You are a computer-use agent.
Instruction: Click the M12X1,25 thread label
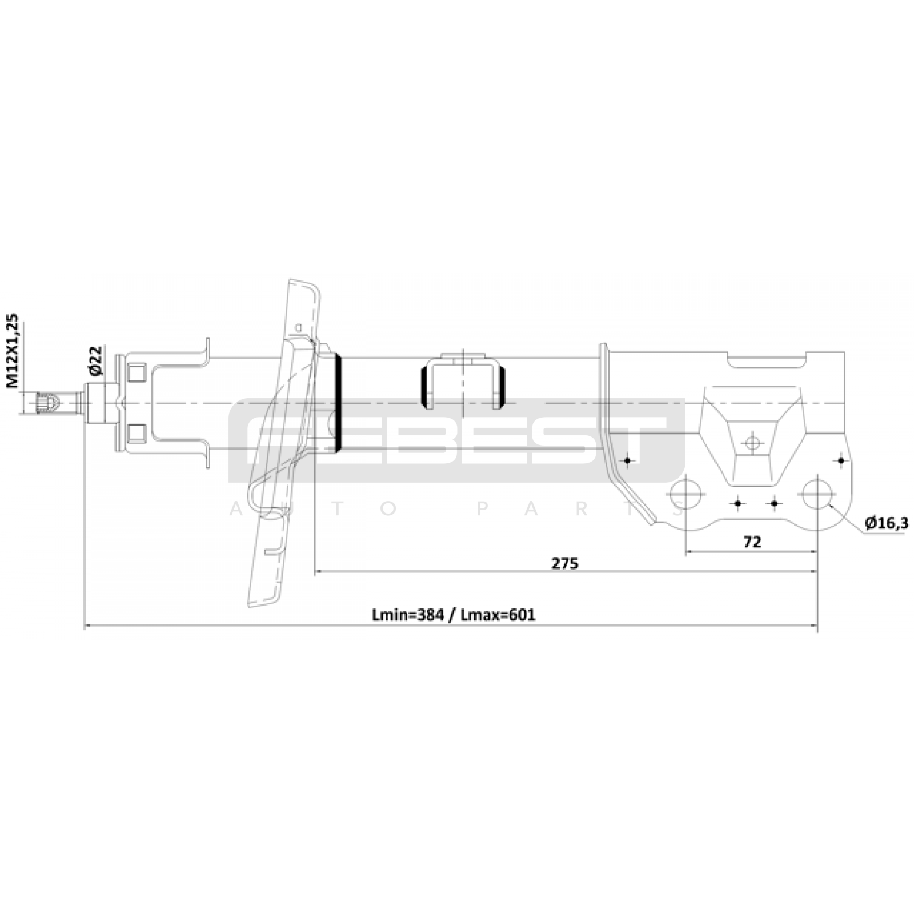[x=13, y=351]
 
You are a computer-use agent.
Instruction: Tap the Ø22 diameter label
[x=95, y=360]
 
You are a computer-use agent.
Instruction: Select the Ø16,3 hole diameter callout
[x=887, y=523]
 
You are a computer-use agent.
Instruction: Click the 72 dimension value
[x=752, y=542]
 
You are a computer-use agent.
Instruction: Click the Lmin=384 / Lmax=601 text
[x=454, y=615]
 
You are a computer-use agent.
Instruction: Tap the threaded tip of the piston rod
[x=48, y=403]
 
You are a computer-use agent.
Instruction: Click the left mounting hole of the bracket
[x=685, y=494]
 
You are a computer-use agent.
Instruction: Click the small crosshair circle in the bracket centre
[x=752, y=443]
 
